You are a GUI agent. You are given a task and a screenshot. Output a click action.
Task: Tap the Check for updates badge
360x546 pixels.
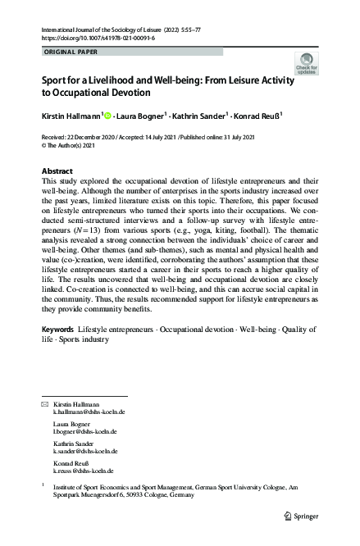point(308,65)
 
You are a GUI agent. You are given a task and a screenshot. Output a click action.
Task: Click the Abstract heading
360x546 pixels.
point(57,171)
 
